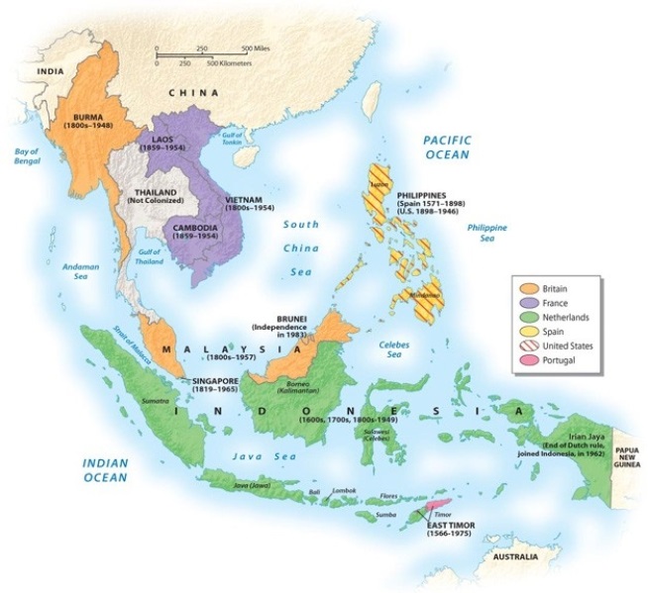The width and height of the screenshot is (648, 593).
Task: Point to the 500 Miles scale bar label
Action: tap(260, 49)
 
